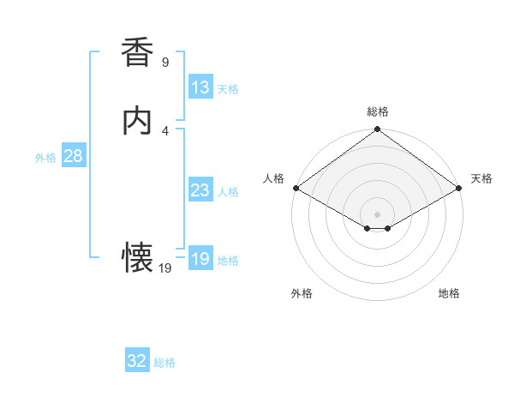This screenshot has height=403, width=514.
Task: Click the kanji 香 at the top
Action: (x=138, y=52)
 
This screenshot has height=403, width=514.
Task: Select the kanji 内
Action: (x=138, y=120)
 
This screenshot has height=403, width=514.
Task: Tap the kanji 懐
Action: (x=138, y=256)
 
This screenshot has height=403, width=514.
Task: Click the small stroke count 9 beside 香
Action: (x=165, y=63)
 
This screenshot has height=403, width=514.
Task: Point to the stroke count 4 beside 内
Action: (x=165, y=130)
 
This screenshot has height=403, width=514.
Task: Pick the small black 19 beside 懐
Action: (x=165, y=268)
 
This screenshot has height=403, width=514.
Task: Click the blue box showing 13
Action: (x=200, y=87)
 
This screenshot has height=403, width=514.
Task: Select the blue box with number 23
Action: (x=200, y=190)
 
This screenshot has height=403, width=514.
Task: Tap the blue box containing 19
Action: (x=200, y=259)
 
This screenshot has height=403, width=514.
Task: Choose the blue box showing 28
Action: (x=73, y=156)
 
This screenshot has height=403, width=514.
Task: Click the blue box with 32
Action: (x=137, y=362)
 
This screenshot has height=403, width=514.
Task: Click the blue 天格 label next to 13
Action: (x=228, y=89)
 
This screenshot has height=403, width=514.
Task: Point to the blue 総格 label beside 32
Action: (x=164, y=364)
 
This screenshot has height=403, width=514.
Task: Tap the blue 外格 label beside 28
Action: (x=45, y=158)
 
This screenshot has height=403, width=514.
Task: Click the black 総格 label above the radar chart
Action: (x=378, y=111)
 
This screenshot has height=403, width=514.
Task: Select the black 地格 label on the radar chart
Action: (x=449, y=294)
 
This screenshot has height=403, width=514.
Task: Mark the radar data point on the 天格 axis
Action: (x=460, y=188)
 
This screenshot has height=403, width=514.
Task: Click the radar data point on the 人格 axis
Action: (x=295, y=188)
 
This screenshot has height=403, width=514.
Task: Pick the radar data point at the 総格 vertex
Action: (x=378, y=129)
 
